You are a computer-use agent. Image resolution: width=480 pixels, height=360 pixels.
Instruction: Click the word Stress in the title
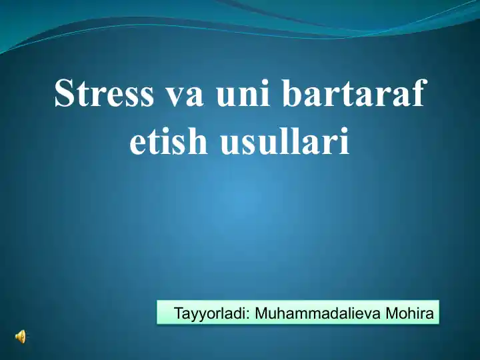tap(103, 94)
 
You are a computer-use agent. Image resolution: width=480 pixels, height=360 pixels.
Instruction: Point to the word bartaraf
tap(353, 94)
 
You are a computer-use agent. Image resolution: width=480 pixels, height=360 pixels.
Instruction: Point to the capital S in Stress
tap(65, 94)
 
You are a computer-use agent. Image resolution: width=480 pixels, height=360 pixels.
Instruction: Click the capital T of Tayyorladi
tap(178, 313)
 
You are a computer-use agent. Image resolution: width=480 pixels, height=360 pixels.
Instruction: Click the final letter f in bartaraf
tap(417, 94)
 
